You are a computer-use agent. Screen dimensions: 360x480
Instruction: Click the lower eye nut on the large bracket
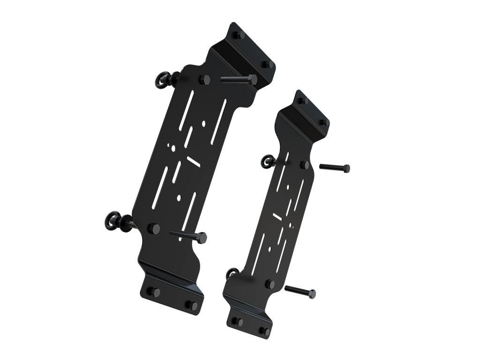pyautogui.click(x=113, y=221)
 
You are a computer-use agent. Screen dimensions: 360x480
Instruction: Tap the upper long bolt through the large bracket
pyautogui.click(x=239, y=79)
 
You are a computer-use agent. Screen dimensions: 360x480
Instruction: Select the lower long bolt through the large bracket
pyautogui.click(x=188, y=236)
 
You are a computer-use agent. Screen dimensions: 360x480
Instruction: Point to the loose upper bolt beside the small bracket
pyautogui.click(x=335, y=167)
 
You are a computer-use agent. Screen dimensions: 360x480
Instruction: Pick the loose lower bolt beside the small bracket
pyautogui.click(x=300, y=292)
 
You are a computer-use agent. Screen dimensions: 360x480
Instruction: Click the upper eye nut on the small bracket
pyautogui.click(x=269, y=162)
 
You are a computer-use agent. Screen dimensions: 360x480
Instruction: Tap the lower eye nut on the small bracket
pyautogui.click(x=232, y=273)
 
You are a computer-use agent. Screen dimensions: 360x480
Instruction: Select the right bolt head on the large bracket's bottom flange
pyautogui.click(x=192, y=306)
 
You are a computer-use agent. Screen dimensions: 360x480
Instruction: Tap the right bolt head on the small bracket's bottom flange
pyautogui.click(x=265, y=331)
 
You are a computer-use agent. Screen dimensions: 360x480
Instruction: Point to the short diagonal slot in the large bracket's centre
pyautogui.click(x=194, y=161)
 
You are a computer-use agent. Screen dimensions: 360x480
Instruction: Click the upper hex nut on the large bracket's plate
pyautogui.click(x=204, y=79)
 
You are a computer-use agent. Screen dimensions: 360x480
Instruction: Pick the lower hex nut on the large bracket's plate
pyautogui.click(x=153, y=229)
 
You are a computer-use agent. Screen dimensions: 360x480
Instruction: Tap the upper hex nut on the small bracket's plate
pyautogui.click(x=305, y=165)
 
